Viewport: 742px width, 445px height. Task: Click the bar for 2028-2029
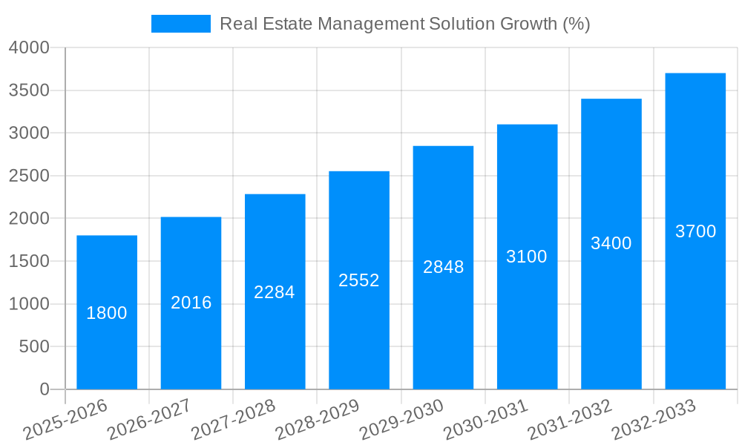359,334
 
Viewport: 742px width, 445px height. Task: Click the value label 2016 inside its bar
191,303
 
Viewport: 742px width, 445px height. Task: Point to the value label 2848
443,267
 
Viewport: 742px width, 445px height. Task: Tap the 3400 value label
611,243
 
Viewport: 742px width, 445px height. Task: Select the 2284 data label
275,292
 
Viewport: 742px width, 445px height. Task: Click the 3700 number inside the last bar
695,231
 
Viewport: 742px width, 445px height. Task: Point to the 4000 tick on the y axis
29,47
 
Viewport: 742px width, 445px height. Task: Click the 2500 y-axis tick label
29,176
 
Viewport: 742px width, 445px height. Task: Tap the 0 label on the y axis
44,389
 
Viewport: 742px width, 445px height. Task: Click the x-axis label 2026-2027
149,419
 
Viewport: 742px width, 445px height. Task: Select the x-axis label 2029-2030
401,419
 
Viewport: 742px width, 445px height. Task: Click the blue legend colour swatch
180,24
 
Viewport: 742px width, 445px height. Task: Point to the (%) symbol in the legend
576,24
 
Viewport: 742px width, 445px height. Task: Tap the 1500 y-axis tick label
29,261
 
